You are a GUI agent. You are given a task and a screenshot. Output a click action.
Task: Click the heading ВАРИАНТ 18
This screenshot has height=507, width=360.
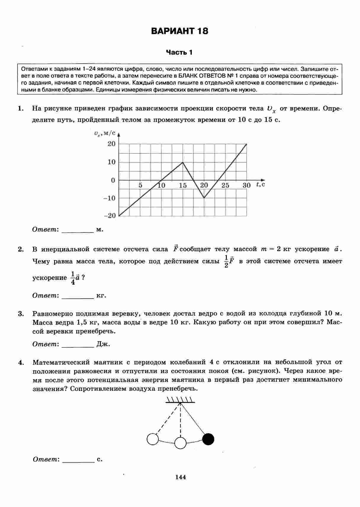coord(179,31)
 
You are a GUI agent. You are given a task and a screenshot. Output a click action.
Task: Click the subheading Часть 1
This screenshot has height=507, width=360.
coord(179,53)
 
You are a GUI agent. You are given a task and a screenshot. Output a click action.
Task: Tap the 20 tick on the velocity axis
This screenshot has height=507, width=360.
coord(111,144)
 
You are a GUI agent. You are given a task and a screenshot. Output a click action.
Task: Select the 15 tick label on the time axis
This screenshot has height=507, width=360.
coord(183,185)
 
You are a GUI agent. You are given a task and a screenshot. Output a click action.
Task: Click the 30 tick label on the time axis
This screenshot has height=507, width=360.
coord(247,185)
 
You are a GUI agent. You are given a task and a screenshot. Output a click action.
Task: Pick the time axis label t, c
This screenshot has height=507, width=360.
coord(261,184)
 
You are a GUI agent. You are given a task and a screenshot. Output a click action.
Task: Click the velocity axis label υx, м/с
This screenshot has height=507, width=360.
coord(105,134)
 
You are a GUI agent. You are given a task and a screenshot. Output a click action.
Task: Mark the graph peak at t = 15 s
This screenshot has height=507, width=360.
coord(183,162)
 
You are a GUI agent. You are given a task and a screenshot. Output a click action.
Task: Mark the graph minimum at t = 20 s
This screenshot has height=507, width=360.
coord(204,198)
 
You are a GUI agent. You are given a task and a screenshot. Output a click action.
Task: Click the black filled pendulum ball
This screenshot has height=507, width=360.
coord(208,439)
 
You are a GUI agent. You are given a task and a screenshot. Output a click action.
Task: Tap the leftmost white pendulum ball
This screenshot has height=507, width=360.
coord(152,439)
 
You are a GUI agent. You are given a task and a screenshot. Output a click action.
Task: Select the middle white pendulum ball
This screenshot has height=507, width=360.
coord(180,443)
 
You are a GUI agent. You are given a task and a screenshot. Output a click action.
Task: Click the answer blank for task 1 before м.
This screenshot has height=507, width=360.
coord(77,230)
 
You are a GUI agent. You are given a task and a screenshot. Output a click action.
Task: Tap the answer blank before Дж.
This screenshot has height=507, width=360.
coord(77,345)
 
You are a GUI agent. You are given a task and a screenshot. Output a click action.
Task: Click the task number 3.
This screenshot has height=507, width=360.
coord(21,314)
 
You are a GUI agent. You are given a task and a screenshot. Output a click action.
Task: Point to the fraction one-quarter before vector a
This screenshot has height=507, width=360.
coord(73,278)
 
